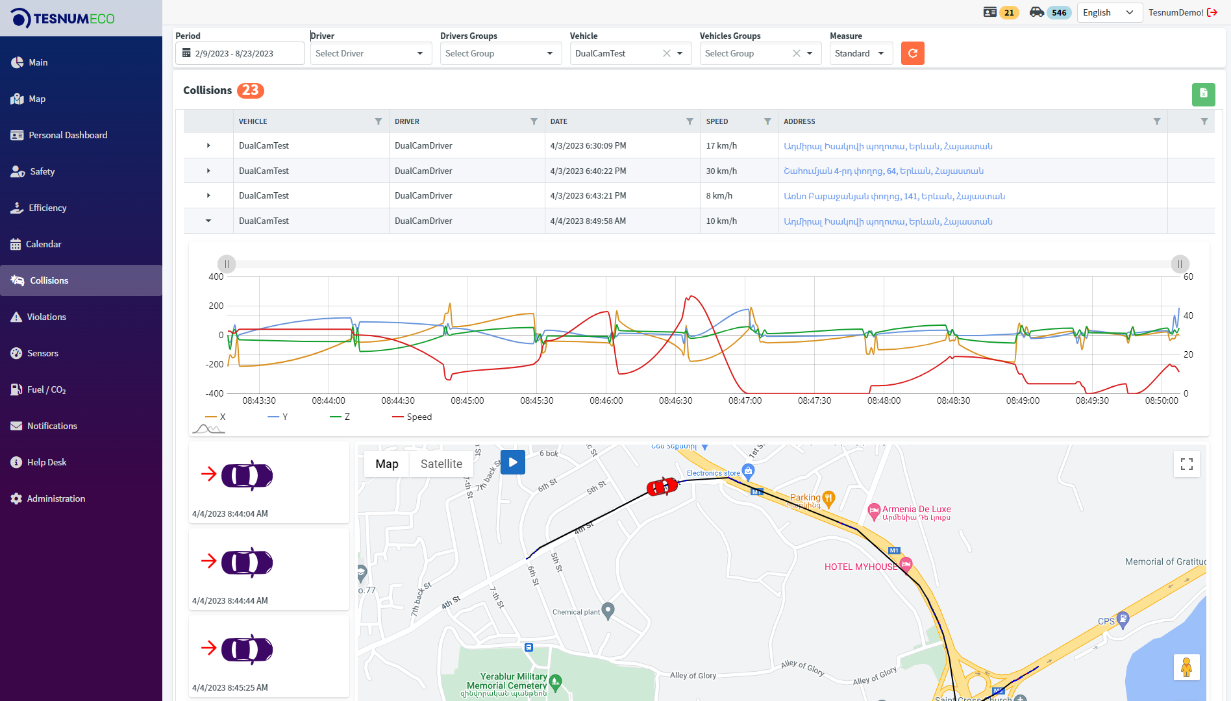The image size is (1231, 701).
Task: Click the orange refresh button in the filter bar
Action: click(912, 53)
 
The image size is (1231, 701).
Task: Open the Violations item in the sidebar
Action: click(46, 317)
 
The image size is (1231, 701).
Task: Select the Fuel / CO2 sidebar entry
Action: click(46, 389)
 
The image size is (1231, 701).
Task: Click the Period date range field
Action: click(240, 53)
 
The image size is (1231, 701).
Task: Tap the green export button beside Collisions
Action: click(1203, 93)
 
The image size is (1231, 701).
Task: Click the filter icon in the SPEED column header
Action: click(767, 121)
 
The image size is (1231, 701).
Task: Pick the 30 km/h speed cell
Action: click(721, 171)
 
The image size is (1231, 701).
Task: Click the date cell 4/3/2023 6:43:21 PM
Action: click(588, 196)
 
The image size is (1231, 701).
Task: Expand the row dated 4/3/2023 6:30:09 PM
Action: click(208, 145)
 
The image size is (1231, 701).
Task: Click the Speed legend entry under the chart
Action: click(419, 417)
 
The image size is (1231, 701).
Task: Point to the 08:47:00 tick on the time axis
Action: click(745, 400)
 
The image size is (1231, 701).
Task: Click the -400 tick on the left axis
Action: click(216, 393)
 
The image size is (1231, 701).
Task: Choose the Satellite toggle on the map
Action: click(441, 464)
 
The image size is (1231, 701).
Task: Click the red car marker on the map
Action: click(662, 486)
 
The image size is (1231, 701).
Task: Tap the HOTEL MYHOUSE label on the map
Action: click(860, 567)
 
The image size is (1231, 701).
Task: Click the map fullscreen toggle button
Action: click(1187, 464)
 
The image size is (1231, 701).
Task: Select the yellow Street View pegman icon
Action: click(1186, 667)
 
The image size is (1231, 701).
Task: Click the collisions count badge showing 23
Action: click(250, 90)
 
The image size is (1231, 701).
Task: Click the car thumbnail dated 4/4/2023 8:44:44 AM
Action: click(247, 563)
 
